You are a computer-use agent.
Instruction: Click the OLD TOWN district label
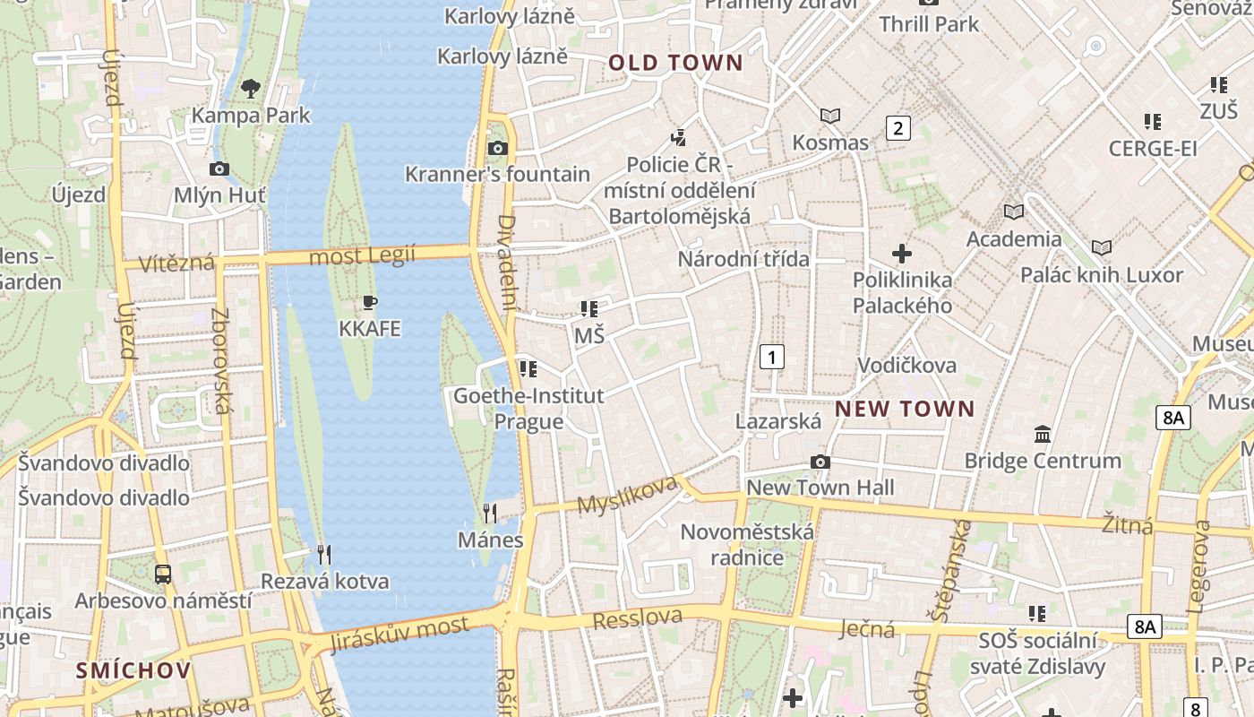pyautogui.click(x=675, y=63)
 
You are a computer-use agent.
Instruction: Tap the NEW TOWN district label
pyautogui.click(x=905, y=410)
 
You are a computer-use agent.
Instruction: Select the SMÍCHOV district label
pyautogui.click(x=133, y=670)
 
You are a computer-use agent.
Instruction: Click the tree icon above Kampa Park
pyautogui.click(x=251, y=88)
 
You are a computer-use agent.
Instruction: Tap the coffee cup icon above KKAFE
pyautogui.click(x=369, y=302)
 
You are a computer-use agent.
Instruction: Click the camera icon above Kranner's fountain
pyautogui.click(x=498, y=148)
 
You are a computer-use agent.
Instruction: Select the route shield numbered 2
pyautogui.click(x=898, y=128)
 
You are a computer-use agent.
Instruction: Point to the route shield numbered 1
pyautogui.click(x=771, y=357)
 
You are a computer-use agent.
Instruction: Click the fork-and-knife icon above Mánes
pyautogui.click(x=490, y=513)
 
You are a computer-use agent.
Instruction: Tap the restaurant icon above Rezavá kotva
pyautogui.click(x=324, y=555)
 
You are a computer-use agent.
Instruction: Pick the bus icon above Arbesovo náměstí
pyautogui.click(x=163, y=574)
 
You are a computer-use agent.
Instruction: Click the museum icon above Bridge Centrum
pyautogui.click(x=1043, y=435)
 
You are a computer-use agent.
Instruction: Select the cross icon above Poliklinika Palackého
pyautogui.click(x=902, y=254)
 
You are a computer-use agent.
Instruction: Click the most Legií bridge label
pyautogui.click(x=362, y=257)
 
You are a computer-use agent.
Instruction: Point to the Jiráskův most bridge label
pyautogui.click(x=399, y=634)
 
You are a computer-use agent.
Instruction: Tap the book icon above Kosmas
pyautogui.click(x=830, y=116)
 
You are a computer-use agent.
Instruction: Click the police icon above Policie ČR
pyautogui.click(x=679, y=138)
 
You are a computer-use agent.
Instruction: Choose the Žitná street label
pyautogui.click(x=1127, y=524)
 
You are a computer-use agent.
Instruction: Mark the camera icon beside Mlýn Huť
pyautogui.click(x=219, y=168)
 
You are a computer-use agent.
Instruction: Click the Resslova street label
pyautogui.click(x=637, y=618)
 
